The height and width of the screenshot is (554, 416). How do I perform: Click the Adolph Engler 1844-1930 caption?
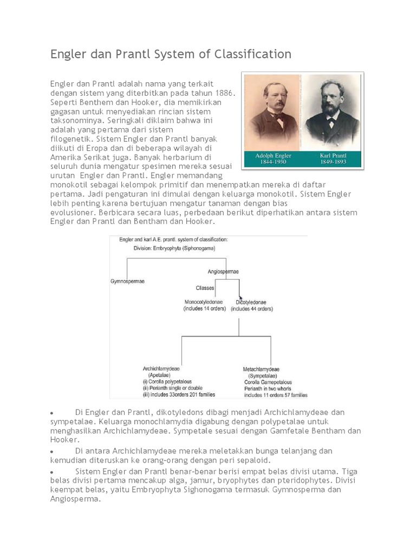coord(274,159)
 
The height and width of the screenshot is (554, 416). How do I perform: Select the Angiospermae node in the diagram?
coord(223,271)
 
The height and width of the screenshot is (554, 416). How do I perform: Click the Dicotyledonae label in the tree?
coord(252,301)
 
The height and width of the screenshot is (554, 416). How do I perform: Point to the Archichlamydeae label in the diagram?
coord(161,368)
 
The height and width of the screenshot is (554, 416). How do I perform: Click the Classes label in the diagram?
coord(205,288)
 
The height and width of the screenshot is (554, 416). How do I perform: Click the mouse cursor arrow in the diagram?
coord(241,298)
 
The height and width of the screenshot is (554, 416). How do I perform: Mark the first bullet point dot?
coord(51,413)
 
